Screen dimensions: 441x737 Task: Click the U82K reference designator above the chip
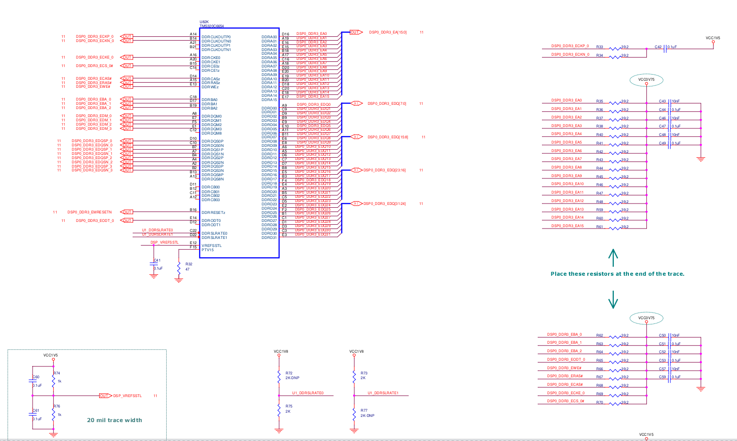point(204,22)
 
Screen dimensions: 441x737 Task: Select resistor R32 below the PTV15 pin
point(178,267)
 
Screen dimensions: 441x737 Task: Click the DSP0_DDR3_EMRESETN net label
point(90,212)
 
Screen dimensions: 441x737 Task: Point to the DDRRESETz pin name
point(213,212)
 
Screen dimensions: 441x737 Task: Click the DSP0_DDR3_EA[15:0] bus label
point(388,33)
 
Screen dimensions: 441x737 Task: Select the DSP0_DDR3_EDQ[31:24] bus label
point(384,204)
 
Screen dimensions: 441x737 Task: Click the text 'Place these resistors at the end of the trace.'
point(617,274)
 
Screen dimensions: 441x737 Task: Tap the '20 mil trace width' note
point(114,420)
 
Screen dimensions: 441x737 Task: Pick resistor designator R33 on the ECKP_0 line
point(599,47)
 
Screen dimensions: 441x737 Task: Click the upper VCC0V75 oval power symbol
point(646,80)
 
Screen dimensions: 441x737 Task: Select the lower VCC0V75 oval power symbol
point(646,318)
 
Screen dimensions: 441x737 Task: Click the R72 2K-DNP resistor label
point(292,376)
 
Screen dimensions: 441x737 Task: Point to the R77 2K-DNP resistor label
point(367,413)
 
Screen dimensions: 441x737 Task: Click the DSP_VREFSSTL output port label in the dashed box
point(127,396)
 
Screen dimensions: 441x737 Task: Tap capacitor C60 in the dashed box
point(33,381)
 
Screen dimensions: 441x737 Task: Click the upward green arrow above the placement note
point(613,257)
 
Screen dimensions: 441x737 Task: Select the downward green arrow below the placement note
point(613,299)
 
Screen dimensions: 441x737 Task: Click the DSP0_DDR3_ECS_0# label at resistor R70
point(566,401)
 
